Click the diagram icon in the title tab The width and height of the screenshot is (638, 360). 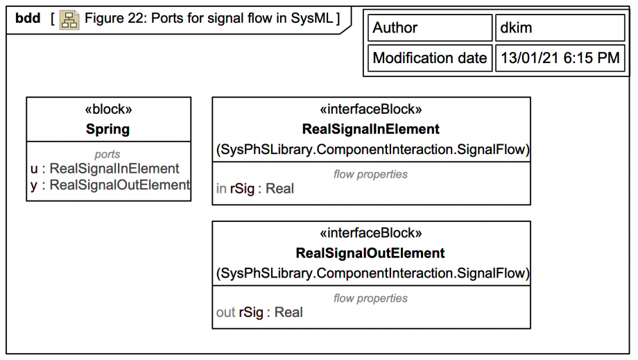coord(69,19)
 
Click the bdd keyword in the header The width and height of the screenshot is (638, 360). coord(28,19)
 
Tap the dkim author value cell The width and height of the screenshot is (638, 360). coord(560,28)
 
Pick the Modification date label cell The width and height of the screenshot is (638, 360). coord(429,58)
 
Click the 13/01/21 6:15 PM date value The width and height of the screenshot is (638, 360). coord(560,58)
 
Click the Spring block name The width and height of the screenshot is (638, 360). coord(107,129)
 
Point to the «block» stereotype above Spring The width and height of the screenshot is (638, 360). coord(107,110)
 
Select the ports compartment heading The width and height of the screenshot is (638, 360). coord(107,155)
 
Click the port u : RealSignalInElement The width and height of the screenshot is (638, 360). coord(105,169)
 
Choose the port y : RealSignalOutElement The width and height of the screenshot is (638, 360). coord(110,185)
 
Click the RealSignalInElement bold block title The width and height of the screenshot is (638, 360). coord(370,129)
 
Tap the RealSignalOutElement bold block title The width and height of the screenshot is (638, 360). coord(370,253)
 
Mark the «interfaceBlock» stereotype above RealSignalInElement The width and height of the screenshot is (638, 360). coord(370,110)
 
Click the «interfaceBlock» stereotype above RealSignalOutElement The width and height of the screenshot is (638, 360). coord(370,234)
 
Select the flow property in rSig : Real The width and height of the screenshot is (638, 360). coord(255,189)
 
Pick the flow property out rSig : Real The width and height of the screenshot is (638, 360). coord(259,313)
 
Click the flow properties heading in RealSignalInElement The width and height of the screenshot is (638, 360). coord(370,174)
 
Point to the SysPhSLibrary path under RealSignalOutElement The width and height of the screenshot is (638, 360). coord(372,273)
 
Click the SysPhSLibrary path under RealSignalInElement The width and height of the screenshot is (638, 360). coord(372,149)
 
